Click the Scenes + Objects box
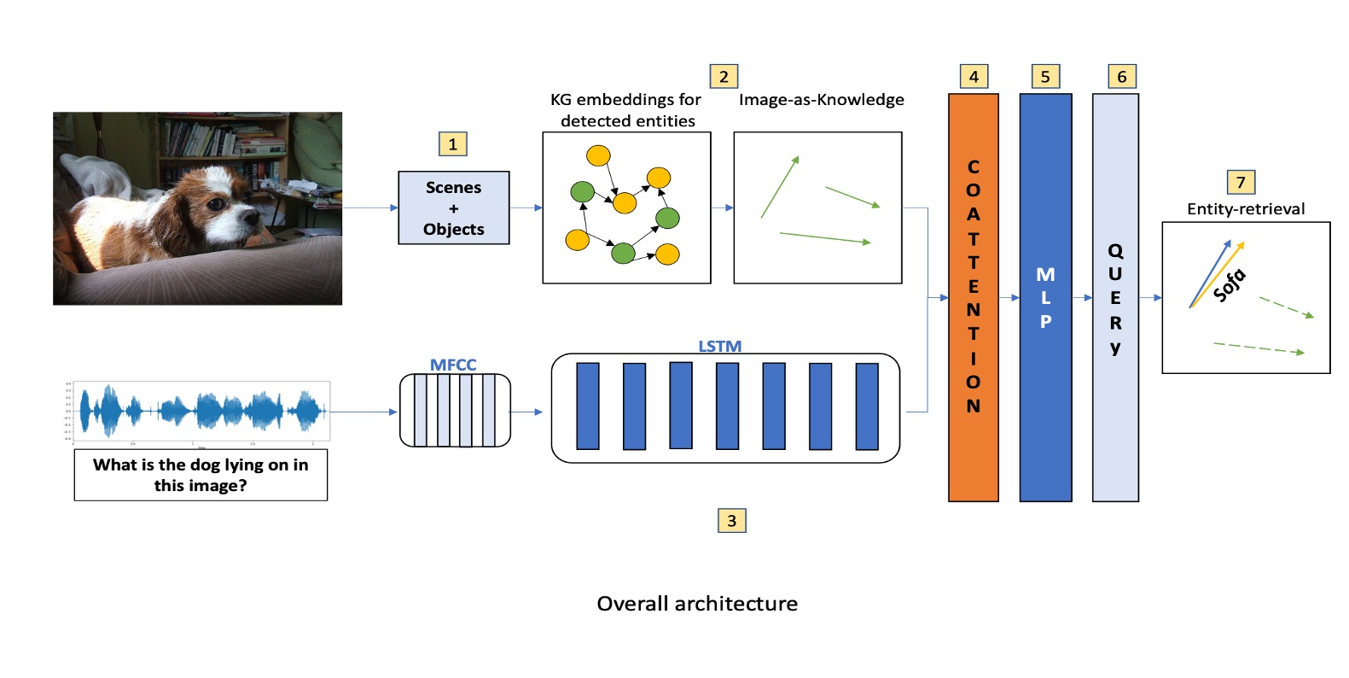coord(453,207)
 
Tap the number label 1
coord(452,143)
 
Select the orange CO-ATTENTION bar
coord(973,297)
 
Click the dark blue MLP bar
coord(1045,297)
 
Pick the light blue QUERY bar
coord(1114,297)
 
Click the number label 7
coord(1240,182)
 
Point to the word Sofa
coord(1230,284)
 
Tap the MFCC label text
coord(452,365)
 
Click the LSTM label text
coord(719,346)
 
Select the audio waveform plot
coord(201,412)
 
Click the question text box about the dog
coord(201,475)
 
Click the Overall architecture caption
coord(696,604)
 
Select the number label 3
coord(731,520)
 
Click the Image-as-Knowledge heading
coord(821,100)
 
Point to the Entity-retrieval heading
coord(1245,209)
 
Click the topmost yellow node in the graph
coord(598,155)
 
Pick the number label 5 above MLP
coord(1045,77)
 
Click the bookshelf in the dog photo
coord(222,141)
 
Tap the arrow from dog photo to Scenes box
coord(369,207)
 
